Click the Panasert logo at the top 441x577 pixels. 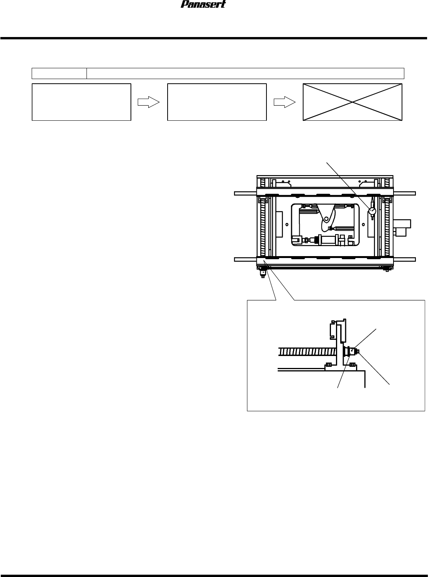pos(204,5)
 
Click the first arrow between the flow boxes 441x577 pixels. pos(149,102)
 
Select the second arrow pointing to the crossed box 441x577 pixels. pos(285,102)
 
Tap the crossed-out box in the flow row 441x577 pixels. pos(352,102)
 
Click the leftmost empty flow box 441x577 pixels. pos(81,102)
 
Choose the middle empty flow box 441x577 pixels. pos(217,102)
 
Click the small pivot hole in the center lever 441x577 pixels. pos(326,219)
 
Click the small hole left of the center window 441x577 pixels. pos(287,224)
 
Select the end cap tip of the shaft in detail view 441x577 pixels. pos(358,351)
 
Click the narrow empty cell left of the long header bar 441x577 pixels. pos(59,73)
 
